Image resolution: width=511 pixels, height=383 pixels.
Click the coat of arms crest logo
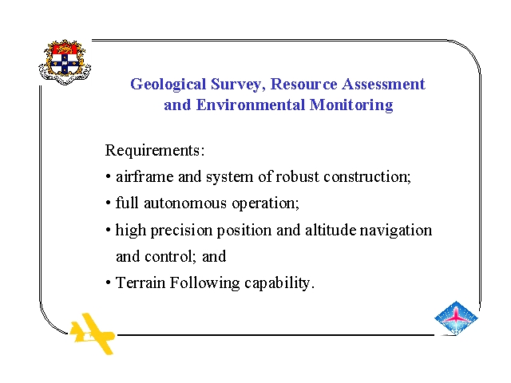click(x=65, y=62)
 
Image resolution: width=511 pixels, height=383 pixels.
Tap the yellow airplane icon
click(x=93, y=334)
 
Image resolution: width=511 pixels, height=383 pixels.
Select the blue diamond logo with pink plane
click(x=456, y=318)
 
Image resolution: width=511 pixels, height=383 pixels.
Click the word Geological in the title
click(x=168, y=85)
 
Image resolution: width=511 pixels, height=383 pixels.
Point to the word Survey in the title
click(x=238, y=85)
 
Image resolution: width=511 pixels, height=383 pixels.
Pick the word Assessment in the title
click(x=383, y=84)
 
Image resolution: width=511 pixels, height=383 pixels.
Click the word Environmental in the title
click(x=251, y=105)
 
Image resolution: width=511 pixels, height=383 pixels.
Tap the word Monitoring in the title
click(x=351, y=105)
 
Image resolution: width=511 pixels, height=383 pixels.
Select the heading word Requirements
click(x=154, y=151)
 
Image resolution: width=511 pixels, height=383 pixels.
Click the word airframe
click(x=145, y=176)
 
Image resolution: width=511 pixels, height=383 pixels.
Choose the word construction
click(x=367, y=176)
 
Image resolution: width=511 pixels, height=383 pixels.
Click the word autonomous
click(x=185, y=203)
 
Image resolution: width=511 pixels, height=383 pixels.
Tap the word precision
click(x=181, y=231)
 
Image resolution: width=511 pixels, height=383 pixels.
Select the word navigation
click(x=396, y=231)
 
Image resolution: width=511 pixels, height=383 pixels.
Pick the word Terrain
click(x=141, y=282)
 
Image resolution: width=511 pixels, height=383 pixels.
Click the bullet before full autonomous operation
click(x=109, y=203)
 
